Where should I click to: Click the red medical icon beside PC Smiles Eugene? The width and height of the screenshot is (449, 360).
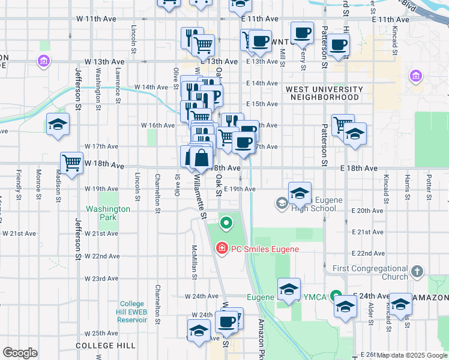coord(221,248)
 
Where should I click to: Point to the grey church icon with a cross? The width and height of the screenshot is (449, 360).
coord(418,272)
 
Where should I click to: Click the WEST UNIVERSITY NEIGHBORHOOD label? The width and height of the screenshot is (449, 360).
coord(324,93)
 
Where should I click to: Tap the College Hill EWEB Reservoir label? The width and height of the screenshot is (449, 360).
coord(132,311)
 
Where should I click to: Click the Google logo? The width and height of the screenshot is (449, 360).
coord(20,353)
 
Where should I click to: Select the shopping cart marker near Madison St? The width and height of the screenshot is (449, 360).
coord(71,163)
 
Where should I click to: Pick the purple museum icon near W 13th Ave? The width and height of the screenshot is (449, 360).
coord(43,61)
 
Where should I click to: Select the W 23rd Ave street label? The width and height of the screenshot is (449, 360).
coord(101,278)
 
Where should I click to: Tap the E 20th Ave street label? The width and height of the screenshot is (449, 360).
coord(370,211)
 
